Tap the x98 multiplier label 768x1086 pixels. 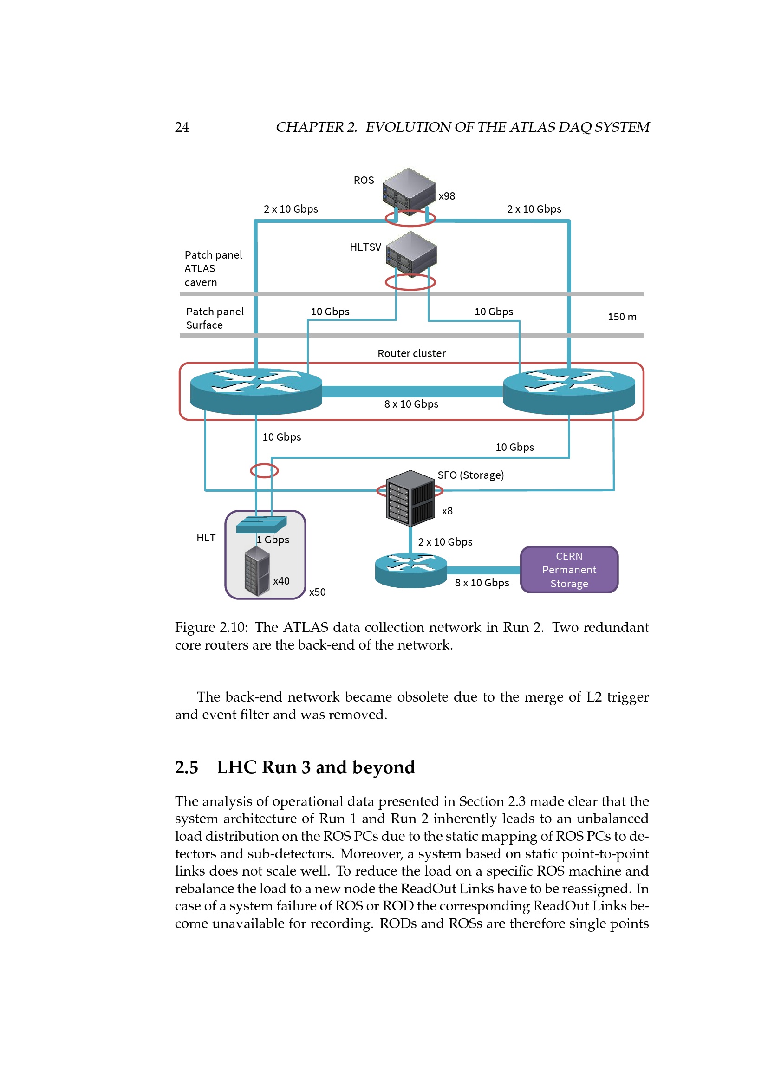pyautogui.click(x=446, y=196)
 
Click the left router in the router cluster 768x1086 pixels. pyautogui.click(x=256, y=390)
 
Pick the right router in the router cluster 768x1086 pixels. pyautogui.click(x=569, y=390)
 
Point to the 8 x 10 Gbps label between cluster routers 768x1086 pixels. pyautogui.click(x=411, y=404)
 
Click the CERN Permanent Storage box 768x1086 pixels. pyautogui.click(x=569, y=570)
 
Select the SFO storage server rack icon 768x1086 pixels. pyautogui.click(x=410, y=498)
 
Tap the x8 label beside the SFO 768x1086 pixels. pyautogui.click(x=447, y=511)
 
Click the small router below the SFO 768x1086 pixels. pyautogui.click(x=410, y=570)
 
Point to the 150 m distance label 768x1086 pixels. pyautogui.click(x=622, y=317)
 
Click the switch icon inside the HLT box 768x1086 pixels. pyautogui.click(x=261, y=524)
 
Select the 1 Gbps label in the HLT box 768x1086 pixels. pyautogui.click(x=273, y=540)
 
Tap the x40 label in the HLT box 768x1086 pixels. pyautogui.click(x=281, y=581)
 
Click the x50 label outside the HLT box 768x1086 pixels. pyautogui.click(x=317, y=592)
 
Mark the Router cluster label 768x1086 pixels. pyautogui.click(x=411, y=353)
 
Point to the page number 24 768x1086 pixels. pyautogui.click(x=182, y=127)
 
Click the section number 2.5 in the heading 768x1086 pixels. pyautogui.click(x=186, y=767)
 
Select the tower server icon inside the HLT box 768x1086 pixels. pyautogui.click(x=257, y=571)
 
